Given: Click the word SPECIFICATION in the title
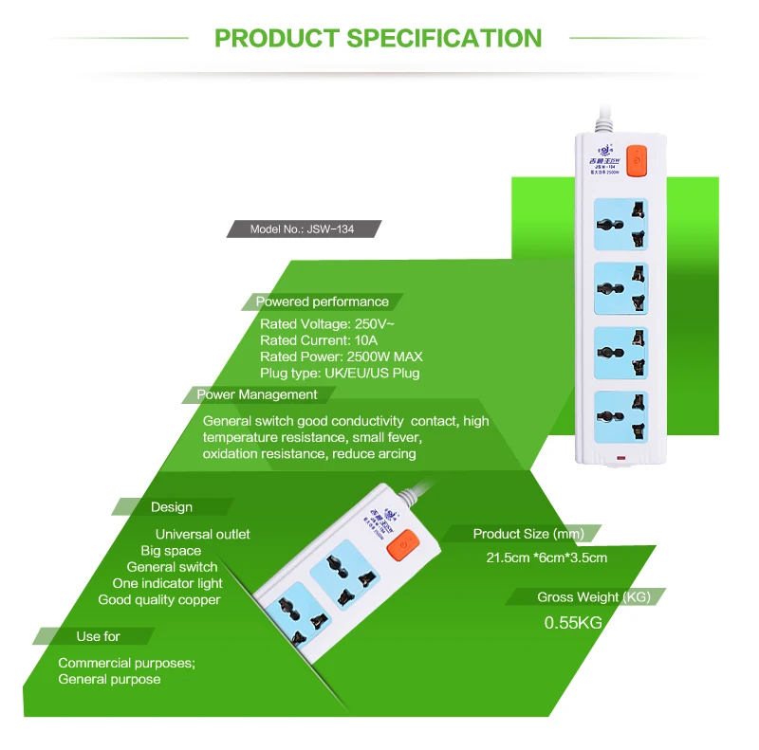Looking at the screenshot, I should coord(444,38).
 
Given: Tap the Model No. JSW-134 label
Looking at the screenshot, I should coord(303,229).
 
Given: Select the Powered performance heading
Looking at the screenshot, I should coord(323,302).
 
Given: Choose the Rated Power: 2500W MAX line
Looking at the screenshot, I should coord(342,357).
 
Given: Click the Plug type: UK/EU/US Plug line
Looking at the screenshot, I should coord(340,373).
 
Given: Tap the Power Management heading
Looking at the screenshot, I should coord(257,394).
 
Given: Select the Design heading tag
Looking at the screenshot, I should coord(171,507).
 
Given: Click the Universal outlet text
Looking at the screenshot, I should coord(203,535).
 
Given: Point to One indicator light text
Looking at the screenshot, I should coord(167,583).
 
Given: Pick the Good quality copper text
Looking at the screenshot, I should coord(159,599).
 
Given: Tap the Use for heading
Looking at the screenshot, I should coord(99,636).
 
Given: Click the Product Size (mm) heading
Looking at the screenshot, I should coord(528,534).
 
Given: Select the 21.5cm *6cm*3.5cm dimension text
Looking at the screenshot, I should coord(547,558).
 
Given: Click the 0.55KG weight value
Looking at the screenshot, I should coord(573,623).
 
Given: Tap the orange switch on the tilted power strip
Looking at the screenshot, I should coord(406,545).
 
